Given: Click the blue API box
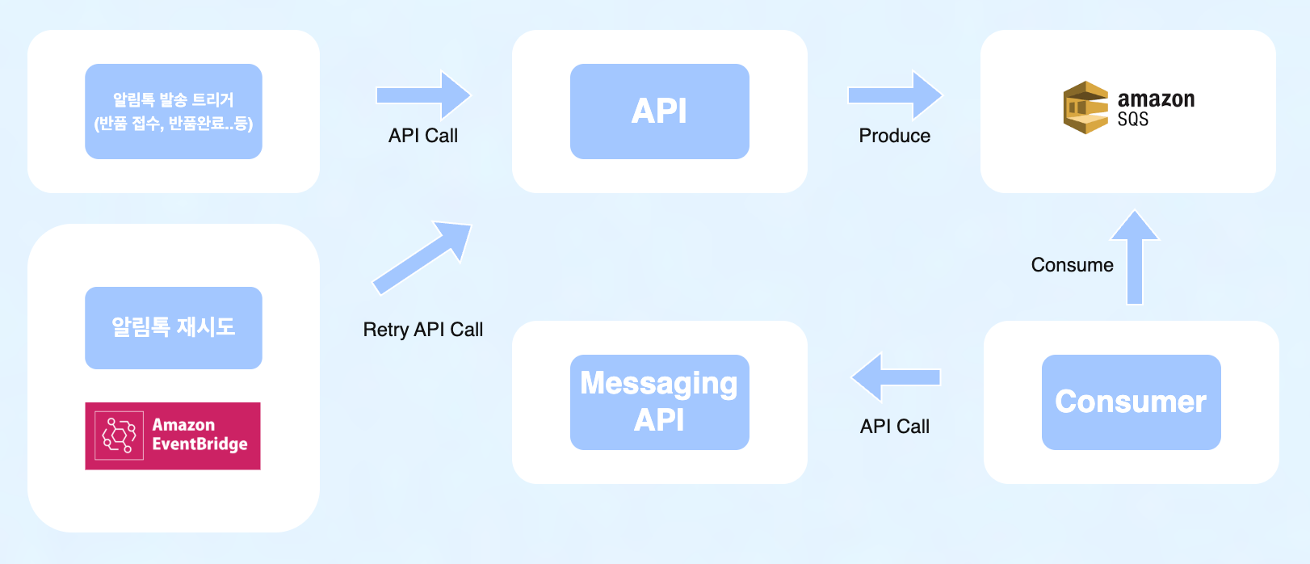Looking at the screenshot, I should click(x=659, y=112).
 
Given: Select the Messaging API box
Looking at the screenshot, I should click(x=659, y=402).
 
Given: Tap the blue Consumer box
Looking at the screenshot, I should click(x=1131, y=402).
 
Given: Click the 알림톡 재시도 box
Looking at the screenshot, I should click(x=174, y=327).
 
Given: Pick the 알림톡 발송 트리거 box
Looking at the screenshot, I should click(x=174, y=112).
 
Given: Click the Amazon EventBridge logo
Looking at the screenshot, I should click(x=173, y=436).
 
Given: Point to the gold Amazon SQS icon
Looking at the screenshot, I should click(x=1085, y=107).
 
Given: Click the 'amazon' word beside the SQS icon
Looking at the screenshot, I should click(x=1156, y=99).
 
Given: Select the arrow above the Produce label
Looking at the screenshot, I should click(x=894, y=95).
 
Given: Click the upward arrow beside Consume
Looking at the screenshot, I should click(x=1135, y=257).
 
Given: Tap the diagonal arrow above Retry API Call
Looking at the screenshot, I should click(x=422, y=257).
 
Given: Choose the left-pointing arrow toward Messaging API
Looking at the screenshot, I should click(x=896, y=377).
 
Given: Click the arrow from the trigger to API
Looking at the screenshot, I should click(x=422, y=95).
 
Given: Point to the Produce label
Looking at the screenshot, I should click(x=894, y=136).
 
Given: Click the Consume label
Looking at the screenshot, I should click(x=1072, y=265).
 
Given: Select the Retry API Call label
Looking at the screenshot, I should click(x=422, y=330).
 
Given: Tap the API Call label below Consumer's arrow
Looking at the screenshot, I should click(x=895, y=427).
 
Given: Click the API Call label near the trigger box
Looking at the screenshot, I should click(x=422, y=136).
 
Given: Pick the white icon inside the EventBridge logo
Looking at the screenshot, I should click(x=119, y=436).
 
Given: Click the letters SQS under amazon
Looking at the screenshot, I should click(x=1133, y=120).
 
